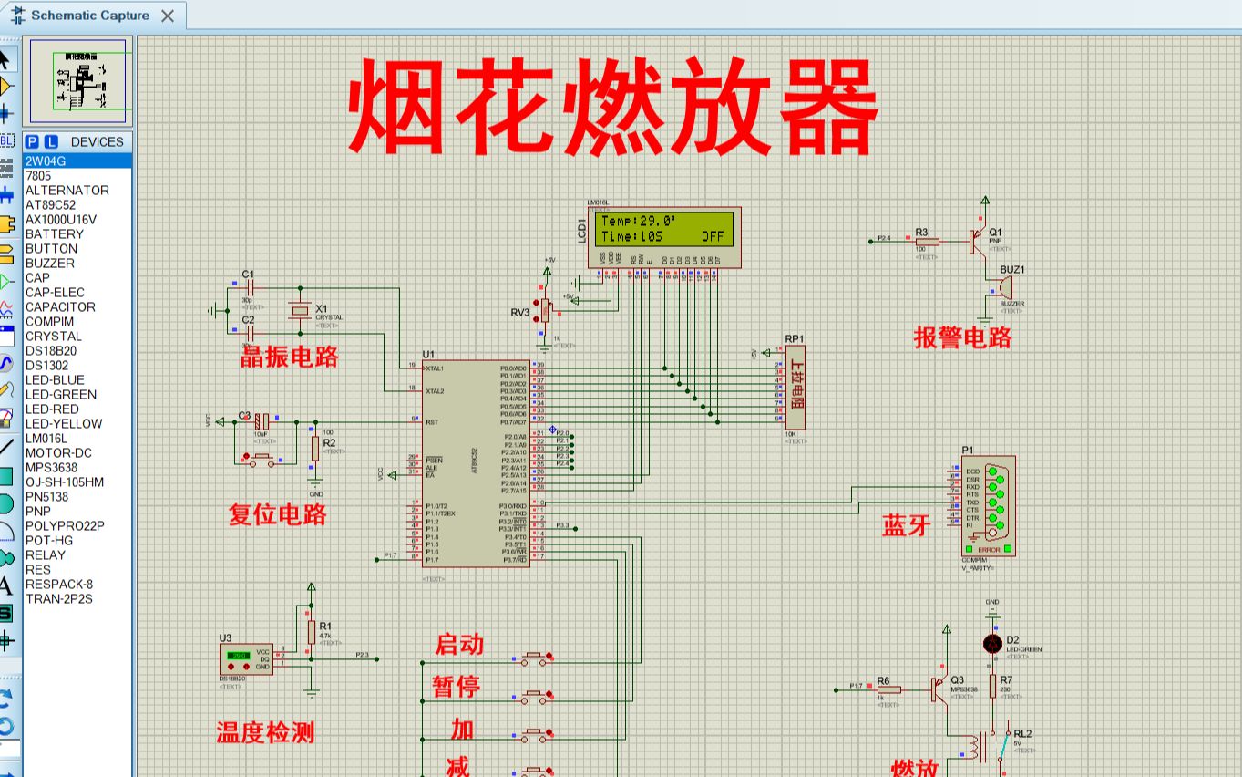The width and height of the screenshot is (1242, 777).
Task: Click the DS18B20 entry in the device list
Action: [x=51, y=351]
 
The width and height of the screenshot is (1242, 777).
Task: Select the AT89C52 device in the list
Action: [x=51, y=205]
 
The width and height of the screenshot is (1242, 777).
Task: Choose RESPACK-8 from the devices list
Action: [x=59, y=585]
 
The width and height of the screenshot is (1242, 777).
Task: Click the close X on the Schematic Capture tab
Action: [x=167, y=16]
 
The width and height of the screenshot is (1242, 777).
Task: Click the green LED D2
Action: [x=992, y=644]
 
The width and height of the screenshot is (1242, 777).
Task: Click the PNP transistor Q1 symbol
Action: [x=980, y=241]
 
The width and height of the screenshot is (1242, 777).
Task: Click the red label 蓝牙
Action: [x=906, y=525]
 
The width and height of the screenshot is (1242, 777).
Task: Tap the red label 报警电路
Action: [x=963, y=337]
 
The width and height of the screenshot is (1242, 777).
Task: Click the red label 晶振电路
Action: [x=290, y=357]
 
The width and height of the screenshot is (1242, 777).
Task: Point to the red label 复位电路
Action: [x=277, y=515]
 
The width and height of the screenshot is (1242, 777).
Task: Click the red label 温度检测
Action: [x=265, y=732]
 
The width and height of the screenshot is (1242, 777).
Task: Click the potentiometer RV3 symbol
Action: [x=546, y=311]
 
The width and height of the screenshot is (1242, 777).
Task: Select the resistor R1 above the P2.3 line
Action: [x=312, y=631]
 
